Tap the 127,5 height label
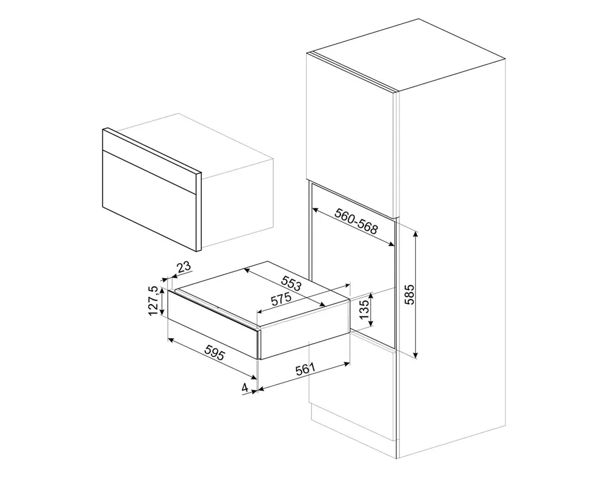[154, 301]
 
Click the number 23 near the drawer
[184, 267]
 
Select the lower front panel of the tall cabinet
[353, 397]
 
